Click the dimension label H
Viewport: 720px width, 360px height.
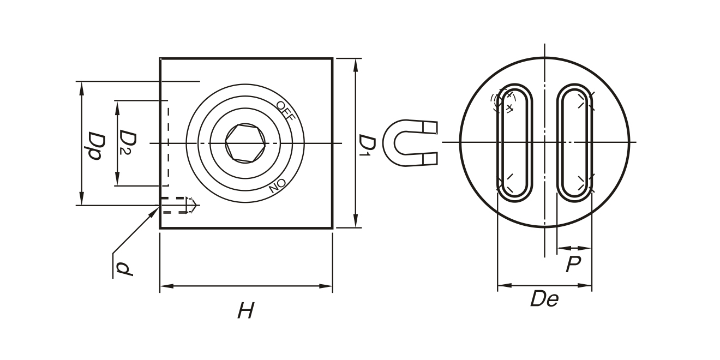point(246,310)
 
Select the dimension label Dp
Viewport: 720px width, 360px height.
point(95,146)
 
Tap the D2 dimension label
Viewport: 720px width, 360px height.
point(127,142)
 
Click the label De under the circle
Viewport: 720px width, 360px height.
point(544,299)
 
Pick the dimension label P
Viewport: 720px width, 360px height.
point(573,264)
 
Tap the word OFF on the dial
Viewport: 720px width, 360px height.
point(285,110)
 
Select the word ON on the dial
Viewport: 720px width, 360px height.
point(277,186)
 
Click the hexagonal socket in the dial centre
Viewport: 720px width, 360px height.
point(245,143)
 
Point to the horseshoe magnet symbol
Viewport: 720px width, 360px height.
point(410,143)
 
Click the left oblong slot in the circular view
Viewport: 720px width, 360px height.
point(514,143)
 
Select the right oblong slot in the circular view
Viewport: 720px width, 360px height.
point(574,143)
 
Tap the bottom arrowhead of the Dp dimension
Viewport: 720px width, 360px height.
point(82,198)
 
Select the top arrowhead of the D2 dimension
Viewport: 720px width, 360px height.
point(117,107)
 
